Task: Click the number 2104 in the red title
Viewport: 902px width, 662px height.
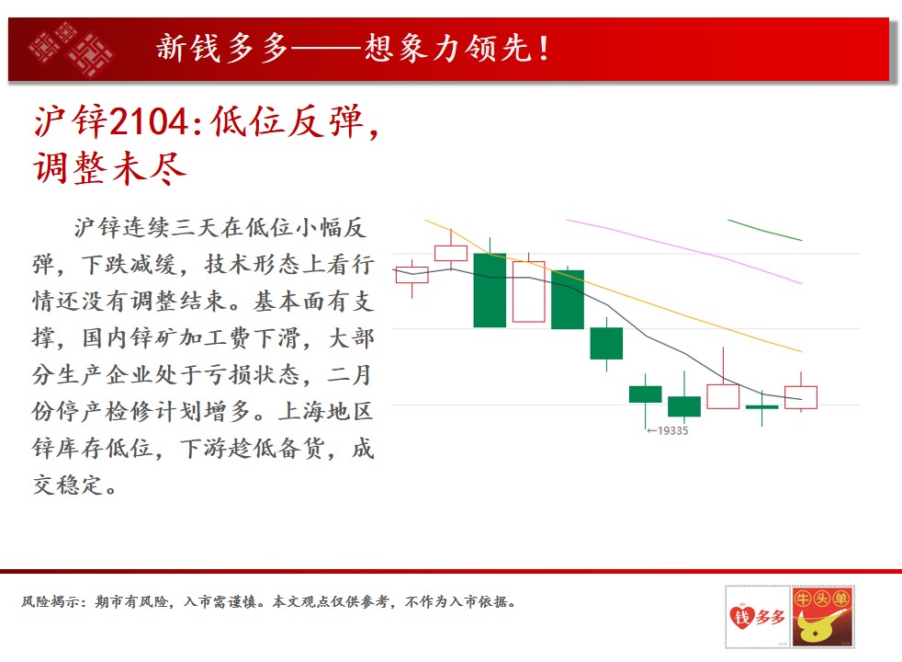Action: pos(149,121)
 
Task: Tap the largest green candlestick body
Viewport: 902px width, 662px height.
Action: pos(490,291)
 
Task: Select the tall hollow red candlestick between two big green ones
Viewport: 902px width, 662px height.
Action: pos(529,291)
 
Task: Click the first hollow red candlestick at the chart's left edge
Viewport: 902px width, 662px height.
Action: pos(412,275)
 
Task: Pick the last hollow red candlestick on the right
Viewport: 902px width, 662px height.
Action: pos(801,397)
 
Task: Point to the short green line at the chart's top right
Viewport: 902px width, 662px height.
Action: pos(764,230)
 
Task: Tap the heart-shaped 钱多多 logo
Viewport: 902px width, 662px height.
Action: pos(757,617)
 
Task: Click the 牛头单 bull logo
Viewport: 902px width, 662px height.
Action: pos(822,617)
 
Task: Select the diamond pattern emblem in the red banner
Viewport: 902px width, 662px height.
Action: pos(72,49)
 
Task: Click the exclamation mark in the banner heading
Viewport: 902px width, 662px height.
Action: pos(543,48)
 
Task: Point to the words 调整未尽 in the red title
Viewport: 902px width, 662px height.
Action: pos(110,168)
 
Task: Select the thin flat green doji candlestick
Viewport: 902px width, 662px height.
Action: pos(762,407)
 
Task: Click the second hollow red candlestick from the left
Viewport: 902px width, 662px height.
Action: pos(451,253)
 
